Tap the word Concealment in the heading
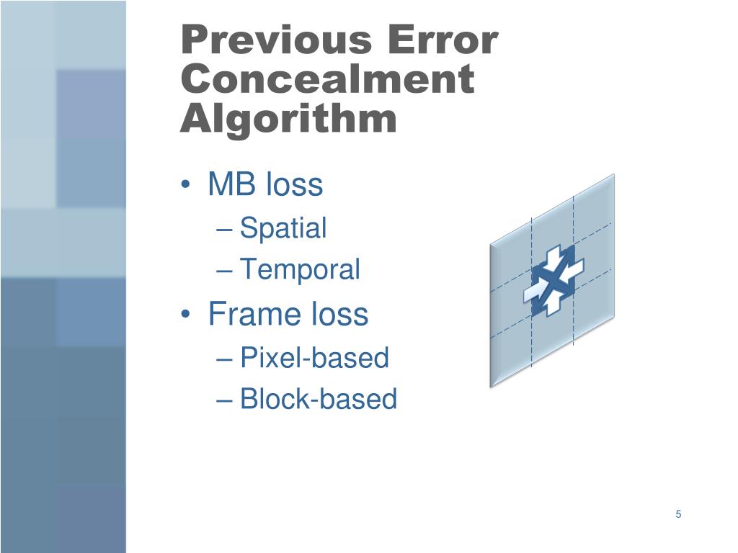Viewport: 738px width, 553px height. [x=327, y=79]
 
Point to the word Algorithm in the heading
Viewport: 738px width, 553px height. [x=288, y=119]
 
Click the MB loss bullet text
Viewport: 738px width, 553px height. [x=265, y=185]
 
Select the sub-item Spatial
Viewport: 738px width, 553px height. [x=283, y=228]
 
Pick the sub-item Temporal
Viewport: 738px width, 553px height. [x=299, y=270]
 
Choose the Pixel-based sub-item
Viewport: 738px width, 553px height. [x=314, y=357]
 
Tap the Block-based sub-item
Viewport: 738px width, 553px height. [x=318, y=399]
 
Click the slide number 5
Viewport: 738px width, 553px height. [x=678, y=514]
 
